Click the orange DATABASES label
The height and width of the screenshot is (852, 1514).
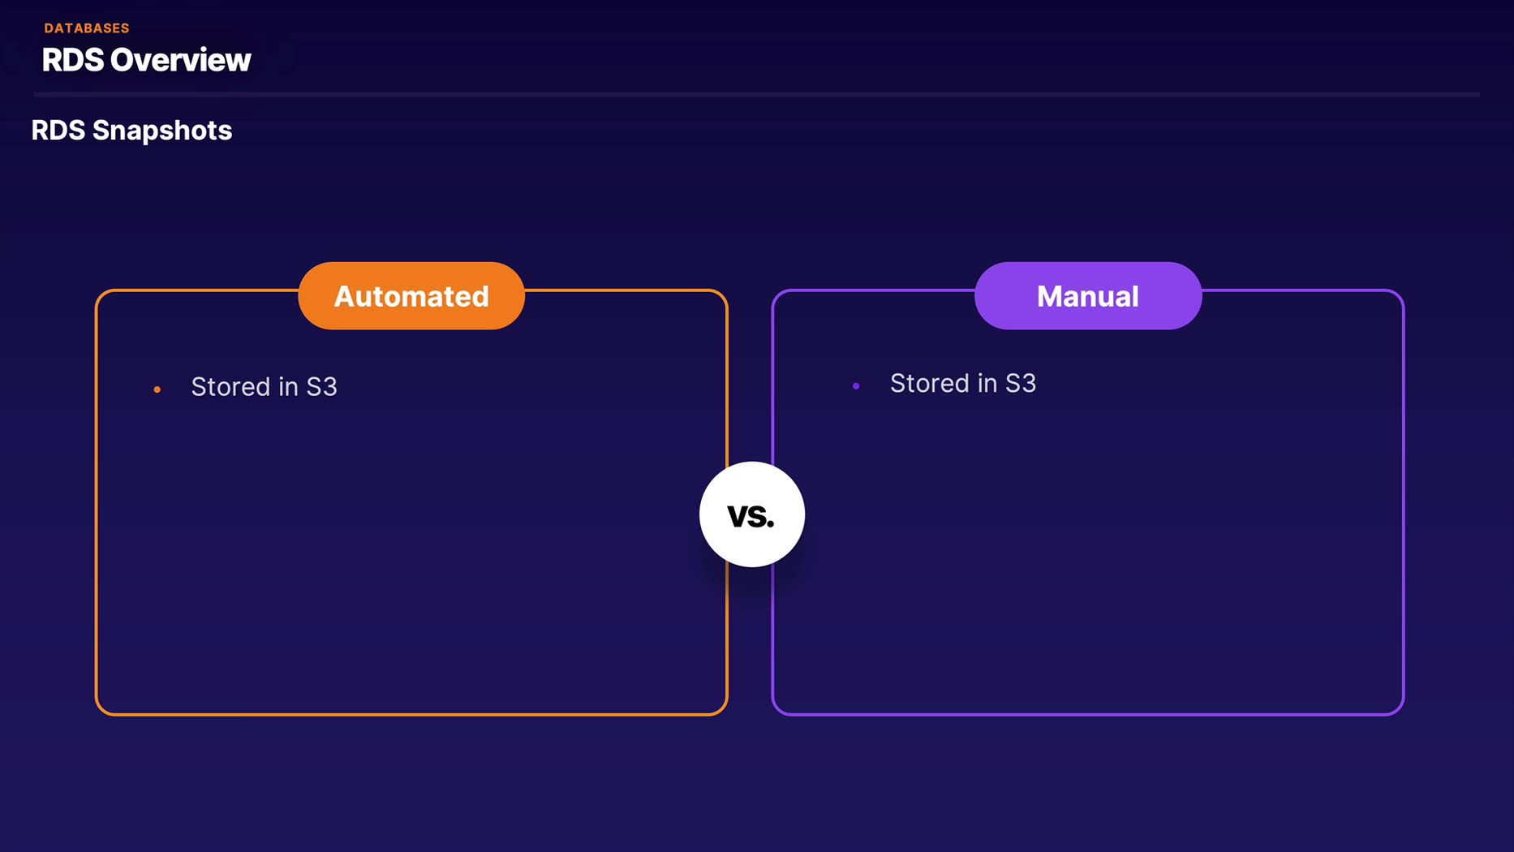click(x=87, y=28)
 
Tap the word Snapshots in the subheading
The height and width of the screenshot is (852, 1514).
click(x=162, y=131)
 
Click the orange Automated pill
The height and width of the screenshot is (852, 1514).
click(x=411, y=296)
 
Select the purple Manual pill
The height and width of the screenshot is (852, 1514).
click(x=1087, y=296)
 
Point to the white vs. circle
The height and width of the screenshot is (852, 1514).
click(x=751, y=514)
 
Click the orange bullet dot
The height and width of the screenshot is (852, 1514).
click(x=157, y=390)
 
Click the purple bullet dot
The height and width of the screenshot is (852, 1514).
click(x=856, y=386)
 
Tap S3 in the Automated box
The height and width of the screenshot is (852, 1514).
click(x=321, y=387)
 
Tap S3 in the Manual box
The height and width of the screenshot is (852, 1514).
click(x=1021, y=384)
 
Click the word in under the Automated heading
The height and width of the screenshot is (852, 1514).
click(x=288, y=387)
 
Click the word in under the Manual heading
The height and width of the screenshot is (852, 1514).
click(x=987, y=384)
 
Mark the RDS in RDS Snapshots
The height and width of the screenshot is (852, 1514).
click(x=58, y=131)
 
